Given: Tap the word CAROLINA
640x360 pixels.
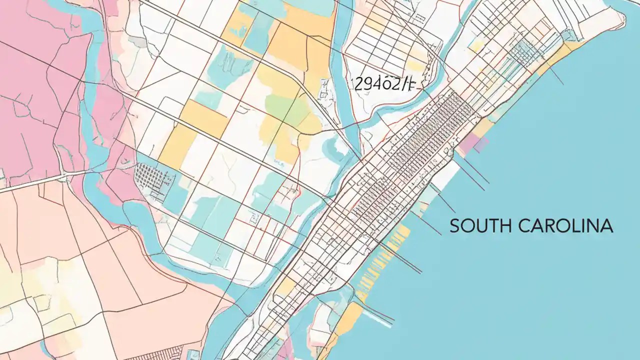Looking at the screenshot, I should pyautogui.click(x=565, y=226).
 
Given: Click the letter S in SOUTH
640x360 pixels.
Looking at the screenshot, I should pyautogui.click(x=454, y=226).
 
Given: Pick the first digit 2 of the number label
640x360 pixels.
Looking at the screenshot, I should pyautogui.click(x=357, y=84).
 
